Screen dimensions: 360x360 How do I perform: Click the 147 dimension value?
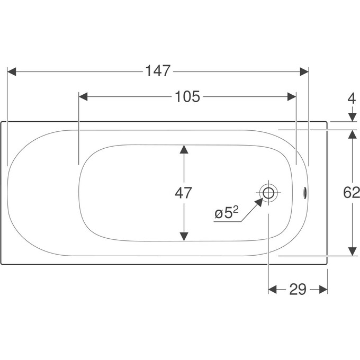click(158, 71)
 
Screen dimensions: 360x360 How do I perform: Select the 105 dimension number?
click(187, 96)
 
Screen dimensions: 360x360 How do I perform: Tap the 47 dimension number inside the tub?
click(183, 193)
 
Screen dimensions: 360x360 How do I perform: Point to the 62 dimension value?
click(352, 192)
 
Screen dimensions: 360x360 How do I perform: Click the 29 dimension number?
click(298, 289)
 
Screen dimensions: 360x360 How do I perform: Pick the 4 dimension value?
click(352, 98)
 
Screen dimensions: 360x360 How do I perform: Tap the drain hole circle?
click(268, 193)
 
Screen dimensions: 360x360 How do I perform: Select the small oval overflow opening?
click(304, 193)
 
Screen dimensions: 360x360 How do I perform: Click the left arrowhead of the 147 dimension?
click(12, 71)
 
